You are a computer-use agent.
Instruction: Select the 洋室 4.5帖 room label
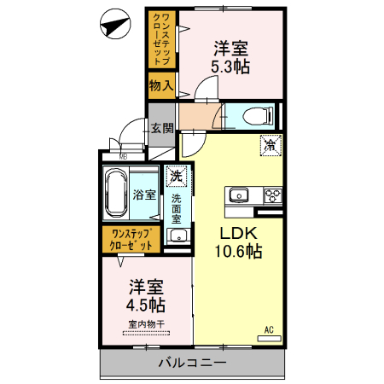[x=147, y=294]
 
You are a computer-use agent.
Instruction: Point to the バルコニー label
[x=192, y=363]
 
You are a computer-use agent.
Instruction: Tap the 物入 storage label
[x=161, y=84]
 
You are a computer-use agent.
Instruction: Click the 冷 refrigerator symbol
[x=270, y=146]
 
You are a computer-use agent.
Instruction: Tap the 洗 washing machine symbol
[x=176, y=176]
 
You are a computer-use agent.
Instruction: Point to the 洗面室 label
[x=176, y=209]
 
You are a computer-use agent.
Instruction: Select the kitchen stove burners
[x=273, y=195]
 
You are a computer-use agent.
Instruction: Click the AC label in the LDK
[x=267, y=329]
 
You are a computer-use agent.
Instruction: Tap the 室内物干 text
[x=147, y=323]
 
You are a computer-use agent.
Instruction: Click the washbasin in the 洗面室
[x=176, y=236]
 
